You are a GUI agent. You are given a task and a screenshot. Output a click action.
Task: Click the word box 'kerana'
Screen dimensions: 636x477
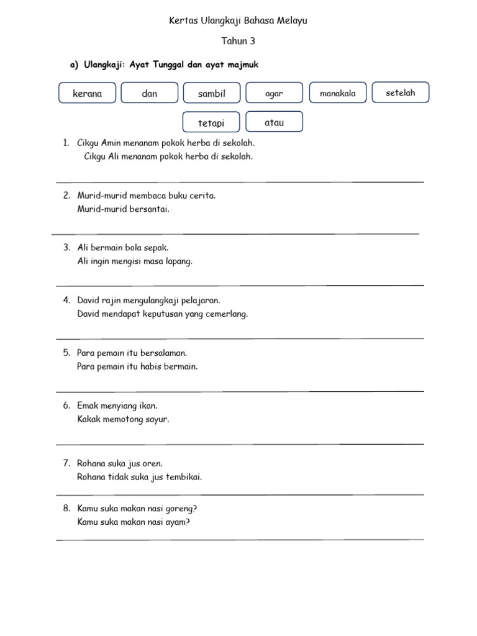[x=88, y=94]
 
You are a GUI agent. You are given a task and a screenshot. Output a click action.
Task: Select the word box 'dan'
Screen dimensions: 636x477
[x=150, y=94]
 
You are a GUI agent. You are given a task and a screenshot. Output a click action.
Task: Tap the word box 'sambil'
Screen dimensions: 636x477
[x=212, y=94]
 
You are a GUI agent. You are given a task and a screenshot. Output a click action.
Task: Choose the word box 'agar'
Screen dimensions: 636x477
[x=274, y=94]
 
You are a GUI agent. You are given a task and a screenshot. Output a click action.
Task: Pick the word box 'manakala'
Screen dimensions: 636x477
[x=338, y=94]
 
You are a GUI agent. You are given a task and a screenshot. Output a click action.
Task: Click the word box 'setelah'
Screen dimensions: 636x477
[x=400, y=93]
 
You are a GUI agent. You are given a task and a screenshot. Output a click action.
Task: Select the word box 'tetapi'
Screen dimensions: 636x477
[x=211, y=123]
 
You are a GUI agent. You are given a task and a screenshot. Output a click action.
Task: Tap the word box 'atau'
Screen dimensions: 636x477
[x=274, y=122]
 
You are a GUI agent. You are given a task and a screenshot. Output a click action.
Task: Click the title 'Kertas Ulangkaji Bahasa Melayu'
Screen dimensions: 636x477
[x=238, y=20]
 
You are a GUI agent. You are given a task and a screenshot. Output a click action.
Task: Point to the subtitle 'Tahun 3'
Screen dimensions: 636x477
[x=238, y=42]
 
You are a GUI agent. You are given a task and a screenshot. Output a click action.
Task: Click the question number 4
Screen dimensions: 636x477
[x=66, y=301]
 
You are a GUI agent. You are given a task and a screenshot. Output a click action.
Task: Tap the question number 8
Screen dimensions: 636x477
[x=66, y=509]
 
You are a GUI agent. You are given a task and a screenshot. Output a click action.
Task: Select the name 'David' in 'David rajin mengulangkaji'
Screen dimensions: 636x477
[x=89, y=300]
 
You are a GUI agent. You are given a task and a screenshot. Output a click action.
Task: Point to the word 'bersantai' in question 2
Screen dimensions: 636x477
[x=149, y=209]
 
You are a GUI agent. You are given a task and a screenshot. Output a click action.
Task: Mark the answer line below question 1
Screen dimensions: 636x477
[x=240, y=182]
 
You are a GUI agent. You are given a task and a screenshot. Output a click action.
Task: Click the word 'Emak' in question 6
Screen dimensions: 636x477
[x=88, y=406]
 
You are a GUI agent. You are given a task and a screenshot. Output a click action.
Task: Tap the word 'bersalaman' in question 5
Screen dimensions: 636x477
[x=163, y=353]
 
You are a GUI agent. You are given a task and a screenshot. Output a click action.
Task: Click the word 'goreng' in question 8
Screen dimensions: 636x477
[x=181, y=509]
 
